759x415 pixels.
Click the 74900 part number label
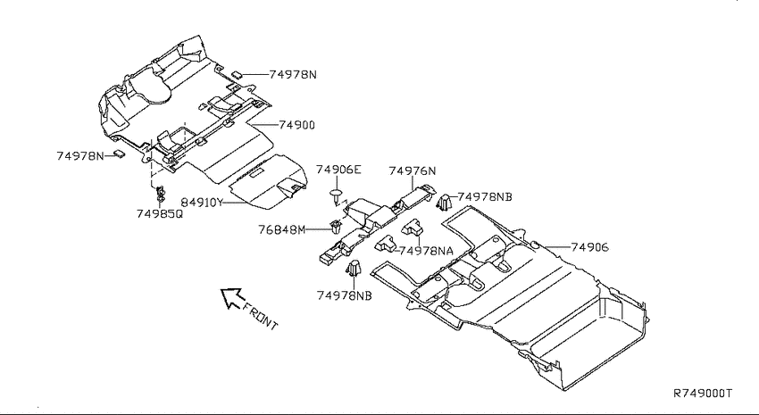296,125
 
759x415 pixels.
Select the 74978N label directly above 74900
293,74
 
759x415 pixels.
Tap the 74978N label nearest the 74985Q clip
80,156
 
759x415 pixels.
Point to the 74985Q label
160,213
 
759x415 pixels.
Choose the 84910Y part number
202,203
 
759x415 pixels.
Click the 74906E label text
338,170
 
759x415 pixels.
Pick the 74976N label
413,170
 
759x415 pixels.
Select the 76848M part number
281,229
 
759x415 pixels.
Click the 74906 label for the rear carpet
589,247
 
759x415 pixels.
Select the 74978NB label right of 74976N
485,197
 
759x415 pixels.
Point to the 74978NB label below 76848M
344,295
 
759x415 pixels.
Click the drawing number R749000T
703,393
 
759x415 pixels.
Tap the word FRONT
261,316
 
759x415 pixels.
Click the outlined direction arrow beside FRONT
231,297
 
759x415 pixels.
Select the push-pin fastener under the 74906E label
336,195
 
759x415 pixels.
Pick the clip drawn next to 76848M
335,226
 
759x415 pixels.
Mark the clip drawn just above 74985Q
160,193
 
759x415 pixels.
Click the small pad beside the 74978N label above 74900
238,74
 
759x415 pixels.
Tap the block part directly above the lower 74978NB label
354,268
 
